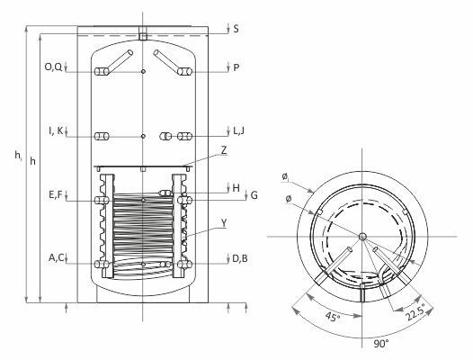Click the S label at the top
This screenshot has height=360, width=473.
click(x=236, y=29)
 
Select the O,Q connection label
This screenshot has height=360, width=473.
click(x=53, y=67)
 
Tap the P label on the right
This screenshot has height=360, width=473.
click(x=236, y=67)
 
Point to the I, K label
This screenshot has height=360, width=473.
click(x=56, y=130)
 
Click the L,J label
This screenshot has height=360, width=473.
click(x=238, y=130)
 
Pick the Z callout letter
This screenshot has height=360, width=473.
click(x=224, y=150)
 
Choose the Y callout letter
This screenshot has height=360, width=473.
click(x=224, y=223)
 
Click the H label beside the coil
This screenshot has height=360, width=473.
click(x=236, y=188)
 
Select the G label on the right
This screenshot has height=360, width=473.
click(x=254, y=195)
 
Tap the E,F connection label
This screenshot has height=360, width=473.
click(x=56, y=194)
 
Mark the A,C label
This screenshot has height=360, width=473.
click(x=57, y=257)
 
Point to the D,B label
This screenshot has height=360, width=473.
click(x=240, y=258)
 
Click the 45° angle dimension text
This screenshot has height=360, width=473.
click(x=333, y=317)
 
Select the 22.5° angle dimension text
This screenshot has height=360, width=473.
click(x=415, y=311)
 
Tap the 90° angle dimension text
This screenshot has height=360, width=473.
click(x=381, y=344)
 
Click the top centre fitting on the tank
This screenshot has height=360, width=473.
click(x=143, y=33)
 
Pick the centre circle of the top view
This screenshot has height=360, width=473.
click(x=362, y=236)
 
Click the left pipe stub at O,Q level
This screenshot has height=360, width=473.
click(x=102, y=72)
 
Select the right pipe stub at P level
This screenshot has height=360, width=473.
click(x=184, y=72)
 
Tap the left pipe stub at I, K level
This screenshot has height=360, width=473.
click(x=102, y=136)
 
